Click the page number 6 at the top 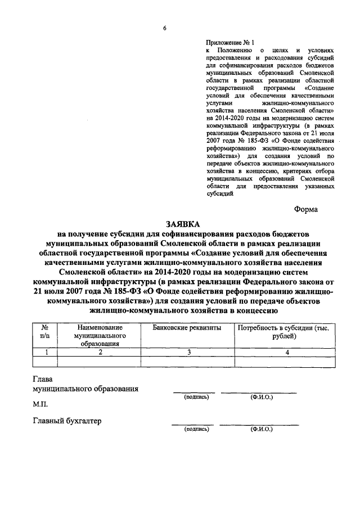(x=165, y=28)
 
